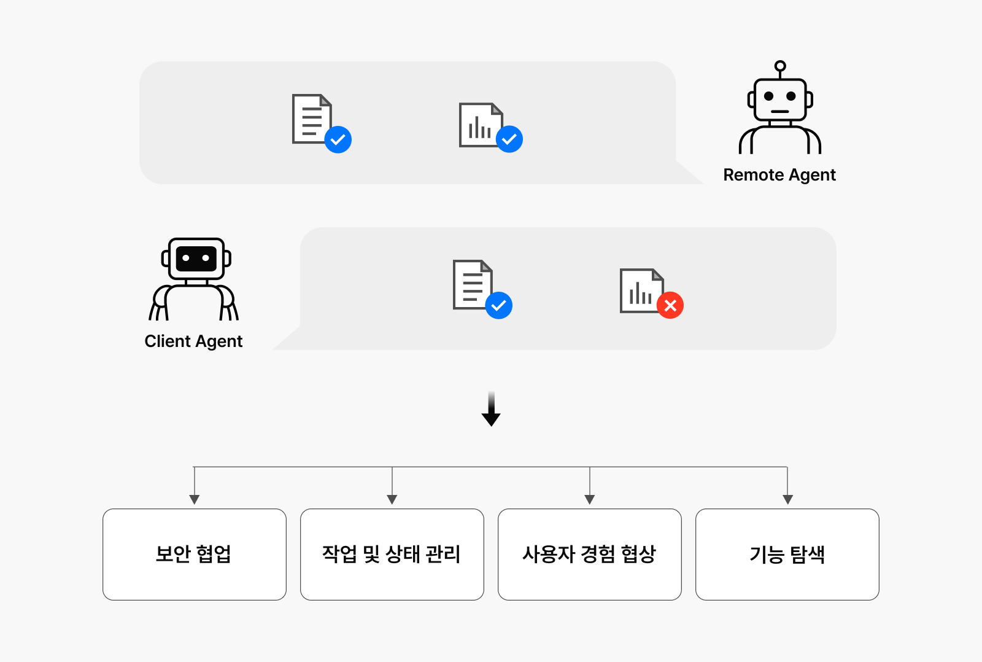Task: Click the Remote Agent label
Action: [779, 175]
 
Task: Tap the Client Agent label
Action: [193, 341]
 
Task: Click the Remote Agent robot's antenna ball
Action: [780, 66]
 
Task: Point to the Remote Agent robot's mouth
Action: [780, 111]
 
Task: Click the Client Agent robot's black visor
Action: [196, 259]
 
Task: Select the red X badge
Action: [670, 305]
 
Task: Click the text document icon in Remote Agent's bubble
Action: [312, 119]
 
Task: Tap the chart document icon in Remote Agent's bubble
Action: [481, 125]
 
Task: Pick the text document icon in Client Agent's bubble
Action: [473, 285]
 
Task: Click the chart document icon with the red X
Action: [641, 290]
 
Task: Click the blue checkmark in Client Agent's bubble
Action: [498, 305]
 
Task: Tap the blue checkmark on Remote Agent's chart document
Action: [509, 139]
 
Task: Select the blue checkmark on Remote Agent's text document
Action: [338, 139]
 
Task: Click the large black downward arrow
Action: [491, 408]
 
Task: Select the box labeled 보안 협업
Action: [194, 555]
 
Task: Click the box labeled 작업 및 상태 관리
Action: [392, 555]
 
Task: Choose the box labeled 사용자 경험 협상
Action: [590, 555]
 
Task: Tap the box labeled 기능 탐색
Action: [787, 555]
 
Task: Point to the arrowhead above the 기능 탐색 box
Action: [788, 500]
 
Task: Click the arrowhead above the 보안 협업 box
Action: [194, 500]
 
